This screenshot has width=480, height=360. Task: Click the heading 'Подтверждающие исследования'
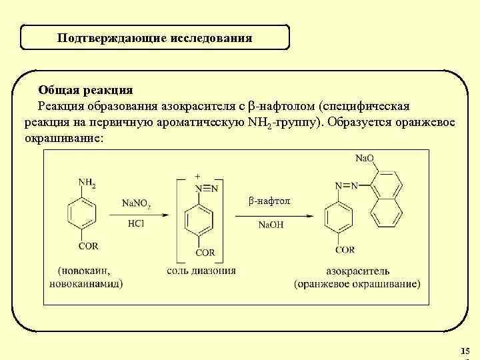pos(155,38)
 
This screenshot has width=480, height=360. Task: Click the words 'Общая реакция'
pos(85,90)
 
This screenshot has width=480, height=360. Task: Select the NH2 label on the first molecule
pos(87,182)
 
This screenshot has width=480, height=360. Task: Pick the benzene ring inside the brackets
pos(198,220)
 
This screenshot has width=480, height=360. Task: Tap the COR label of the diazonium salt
pos(205,253)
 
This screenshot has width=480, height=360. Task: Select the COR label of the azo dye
pos(345,249)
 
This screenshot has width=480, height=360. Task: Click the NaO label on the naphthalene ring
pos(364,159)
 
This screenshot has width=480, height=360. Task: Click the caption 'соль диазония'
pos(201,271)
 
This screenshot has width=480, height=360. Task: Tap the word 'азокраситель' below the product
pos(357,271)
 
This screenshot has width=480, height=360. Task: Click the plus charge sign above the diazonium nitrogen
pos(197,176)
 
